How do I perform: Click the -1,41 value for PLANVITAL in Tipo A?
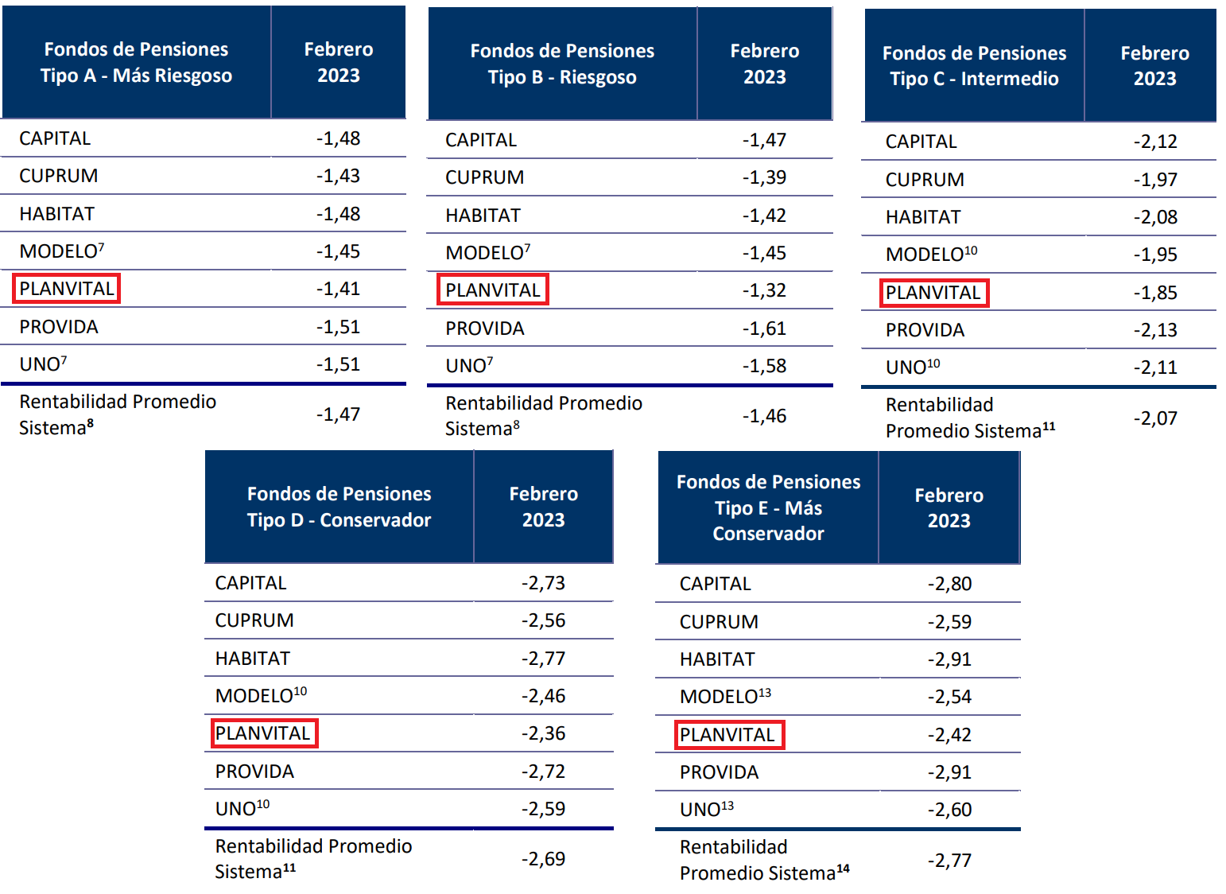pos(338,289)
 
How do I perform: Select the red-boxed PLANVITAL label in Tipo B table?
pos(493,290)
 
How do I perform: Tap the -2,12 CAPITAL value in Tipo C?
pos(1154,142)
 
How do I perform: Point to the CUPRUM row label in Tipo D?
pos(254,620)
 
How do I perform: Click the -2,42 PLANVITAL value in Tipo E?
pos(949,735)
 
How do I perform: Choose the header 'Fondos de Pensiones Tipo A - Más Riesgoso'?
pos(137,62)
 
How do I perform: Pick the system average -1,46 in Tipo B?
pos(764,416)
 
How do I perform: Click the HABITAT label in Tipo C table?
pos(923,217)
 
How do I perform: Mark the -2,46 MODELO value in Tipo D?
pos(543,696)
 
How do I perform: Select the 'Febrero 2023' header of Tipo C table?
pos(1154,66)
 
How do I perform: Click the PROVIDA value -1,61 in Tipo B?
pos(764,328)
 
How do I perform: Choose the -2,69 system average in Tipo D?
pos(543,859)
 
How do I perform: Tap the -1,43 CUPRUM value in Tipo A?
pos(338,176)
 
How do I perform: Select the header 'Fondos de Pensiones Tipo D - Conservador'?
pos(339,507)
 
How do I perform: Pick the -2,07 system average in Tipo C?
pos(1154,418)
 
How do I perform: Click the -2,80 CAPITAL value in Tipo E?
pos(949,584)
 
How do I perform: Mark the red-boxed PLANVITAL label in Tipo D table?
pos(264,733)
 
